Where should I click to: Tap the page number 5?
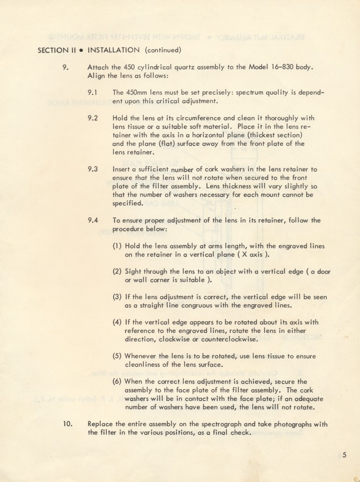(344, 456)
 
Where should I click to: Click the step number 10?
(68, 424)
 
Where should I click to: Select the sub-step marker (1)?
(118, 246)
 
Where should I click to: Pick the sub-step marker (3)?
(118, 297)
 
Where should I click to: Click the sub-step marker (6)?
(118, 382)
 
